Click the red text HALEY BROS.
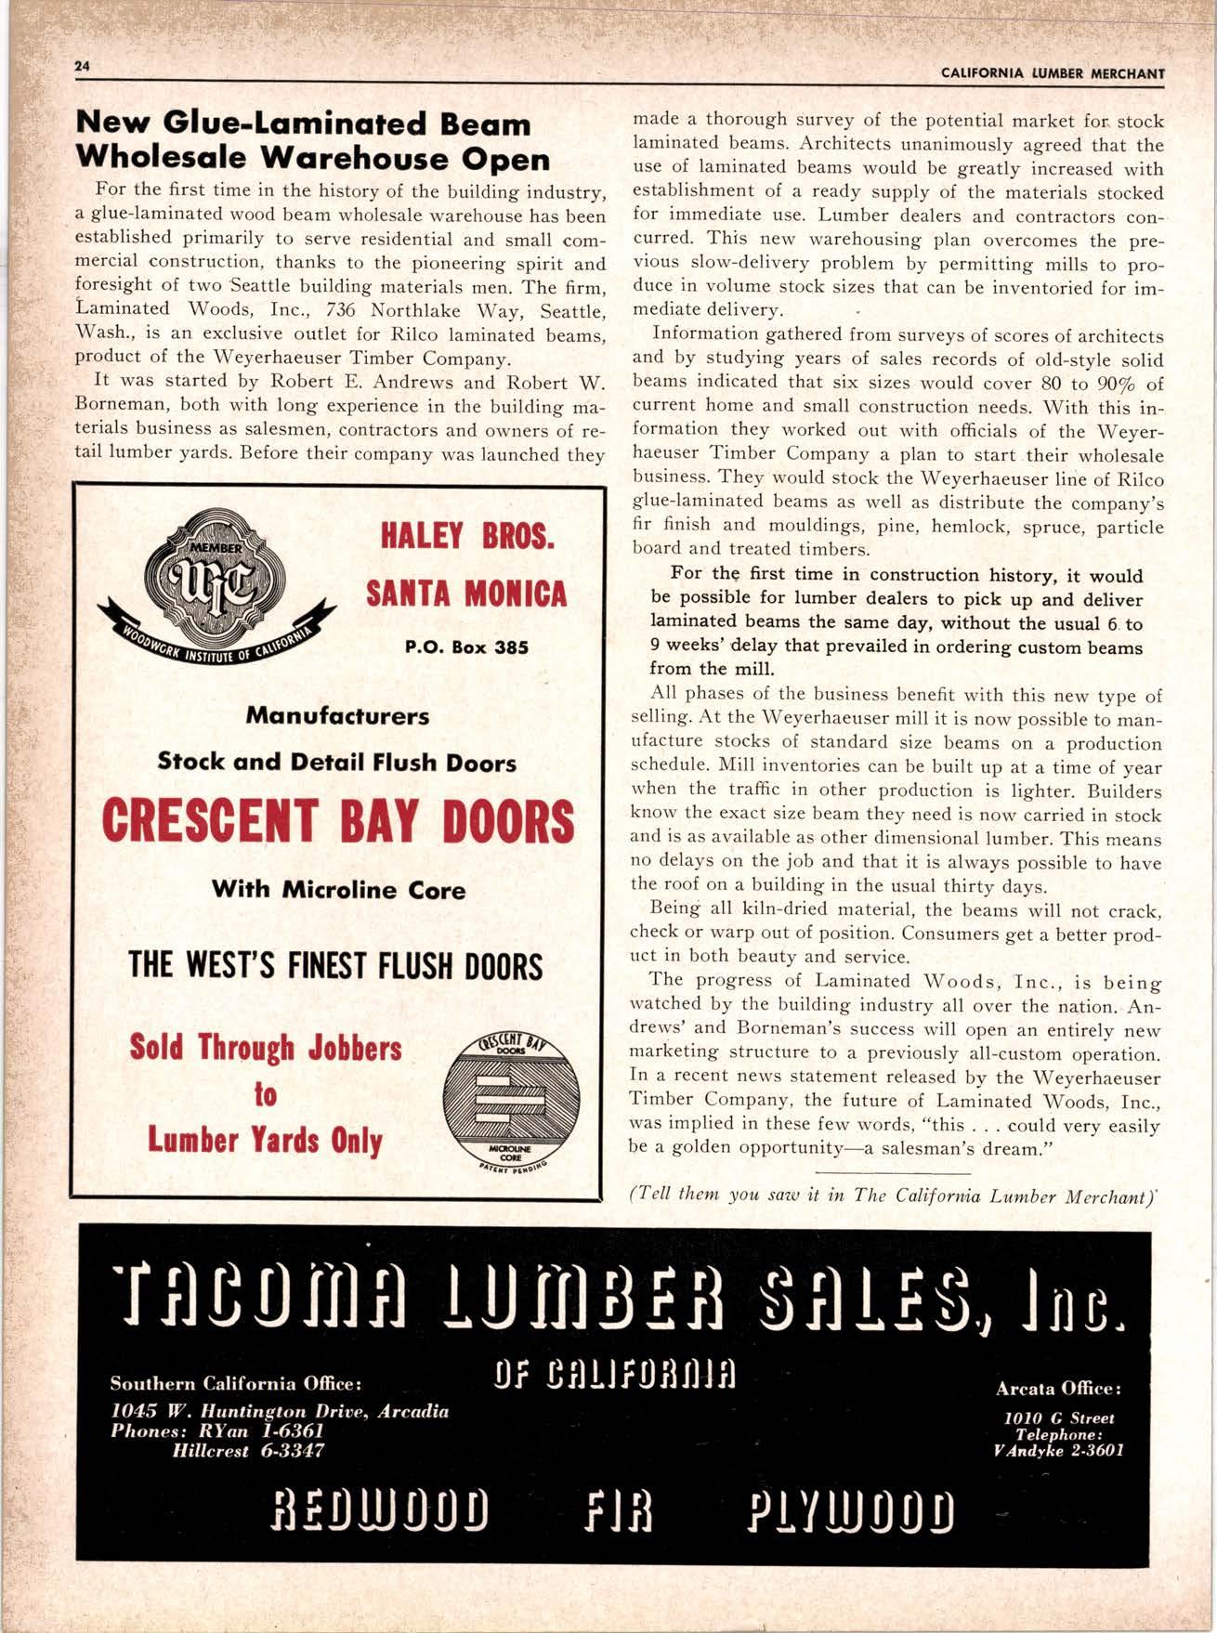pyautogui.click(x=467, y=536)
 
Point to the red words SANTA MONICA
pyautogui.click(x=466, y=594)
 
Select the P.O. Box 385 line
pyautogui.click(x=466, y=647)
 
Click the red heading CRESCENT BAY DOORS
pyautogui.click(x=338, y=822)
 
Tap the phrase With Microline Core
pyautogui.click(x=338, y=890)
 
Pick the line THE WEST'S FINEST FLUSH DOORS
pyautogui.click(x=336, y=966)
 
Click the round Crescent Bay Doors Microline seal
pyautogui.click(x=511, y=1101)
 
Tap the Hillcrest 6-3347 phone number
pyautogui.click(x=249, y=1451)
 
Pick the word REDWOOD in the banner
pyautogui.click(x=379, y=1516)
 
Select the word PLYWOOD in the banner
pyautogui.click(x=850, y=1516)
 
